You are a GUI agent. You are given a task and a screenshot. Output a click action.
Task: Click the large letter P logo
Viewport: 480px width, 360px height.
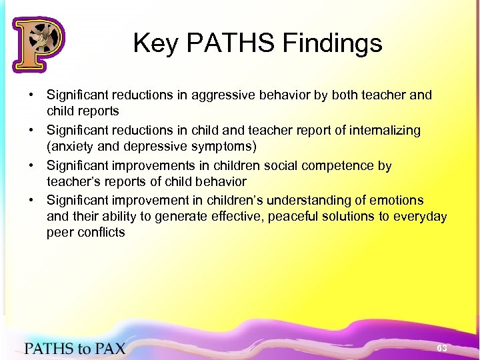tap(38, 44)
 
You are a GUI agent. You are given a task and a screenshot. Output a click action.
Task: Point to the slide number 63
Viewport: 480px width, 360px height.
tap(441, 349)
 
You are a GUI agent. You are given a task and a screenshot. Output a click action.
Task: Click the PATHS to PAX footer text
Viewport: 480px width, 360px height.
tap(75, 349)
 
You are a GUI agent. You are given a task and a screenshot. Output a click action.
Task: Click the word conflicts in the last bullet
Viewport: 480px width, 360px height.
tap(100, 233)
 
